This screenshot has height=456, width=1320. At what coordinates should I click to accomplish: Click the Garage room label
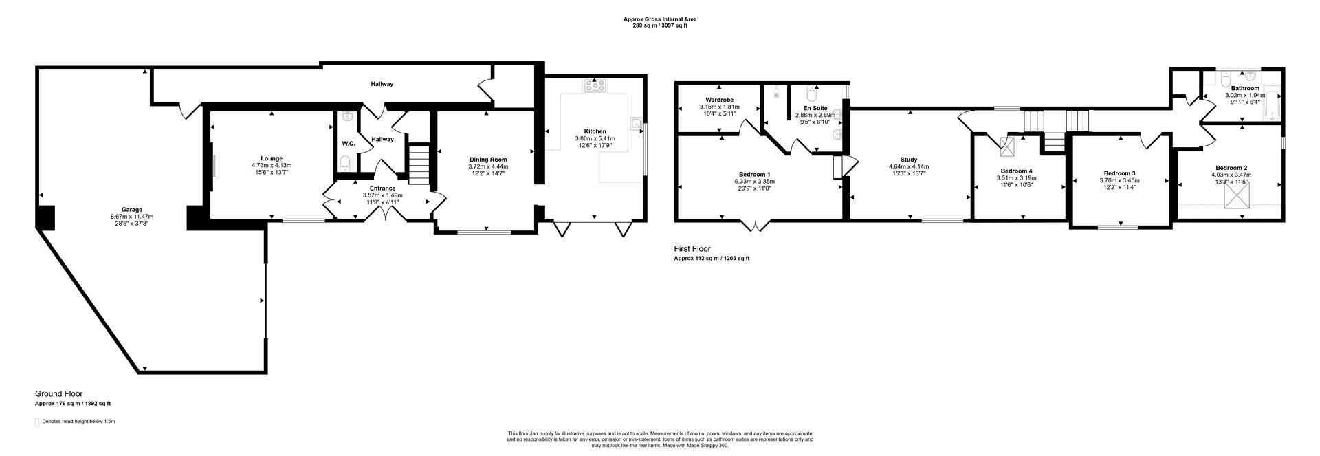pyautogui.click(x=132, y=209)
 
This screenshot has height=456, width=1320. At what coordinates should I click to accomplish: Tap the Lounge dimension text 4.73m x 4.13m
pyautogui.click(x=272, y=165)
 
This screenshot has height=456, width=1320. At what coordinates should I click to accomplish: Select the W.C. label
pyautogui.click(x=348, y=143)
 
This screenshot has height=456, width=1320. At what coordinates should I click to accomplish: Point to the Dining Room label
pyautogui.click(x=488, y=159)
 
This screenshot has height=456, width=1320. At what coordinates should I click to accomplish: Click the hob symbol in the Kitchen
pyautogui.click(x=594, y=86)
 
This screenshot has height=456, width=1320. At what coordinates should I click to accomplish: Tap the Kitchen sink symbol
pyautogui.click(x=637, y=124)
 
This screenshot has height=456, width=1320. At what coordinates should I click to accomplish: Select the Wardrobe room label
pyautogui.click(x=719, y=100)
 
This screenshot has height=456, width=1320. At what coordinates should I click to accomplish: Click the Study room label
pyautogui.click(x=909, y=160)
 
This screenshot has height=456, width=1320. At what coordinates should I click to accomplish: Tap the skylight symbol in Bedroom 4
pyautogui.click(x=1009, y=146)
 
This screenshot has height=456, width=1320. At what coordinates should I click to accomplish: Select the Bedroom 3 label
pyautogui.click(x=1119, y=173)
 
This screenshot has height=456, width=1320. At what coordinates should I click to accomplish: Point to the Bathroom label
pyautogui.click(x=1245, y=88)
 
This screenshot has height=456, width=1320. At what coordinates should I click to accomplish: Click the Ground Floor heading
pyautogui.click(x=59, y=394)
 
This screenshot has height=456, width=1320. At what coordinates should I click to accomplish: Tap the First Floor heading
pyautogui.click(x=692, y=249)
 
